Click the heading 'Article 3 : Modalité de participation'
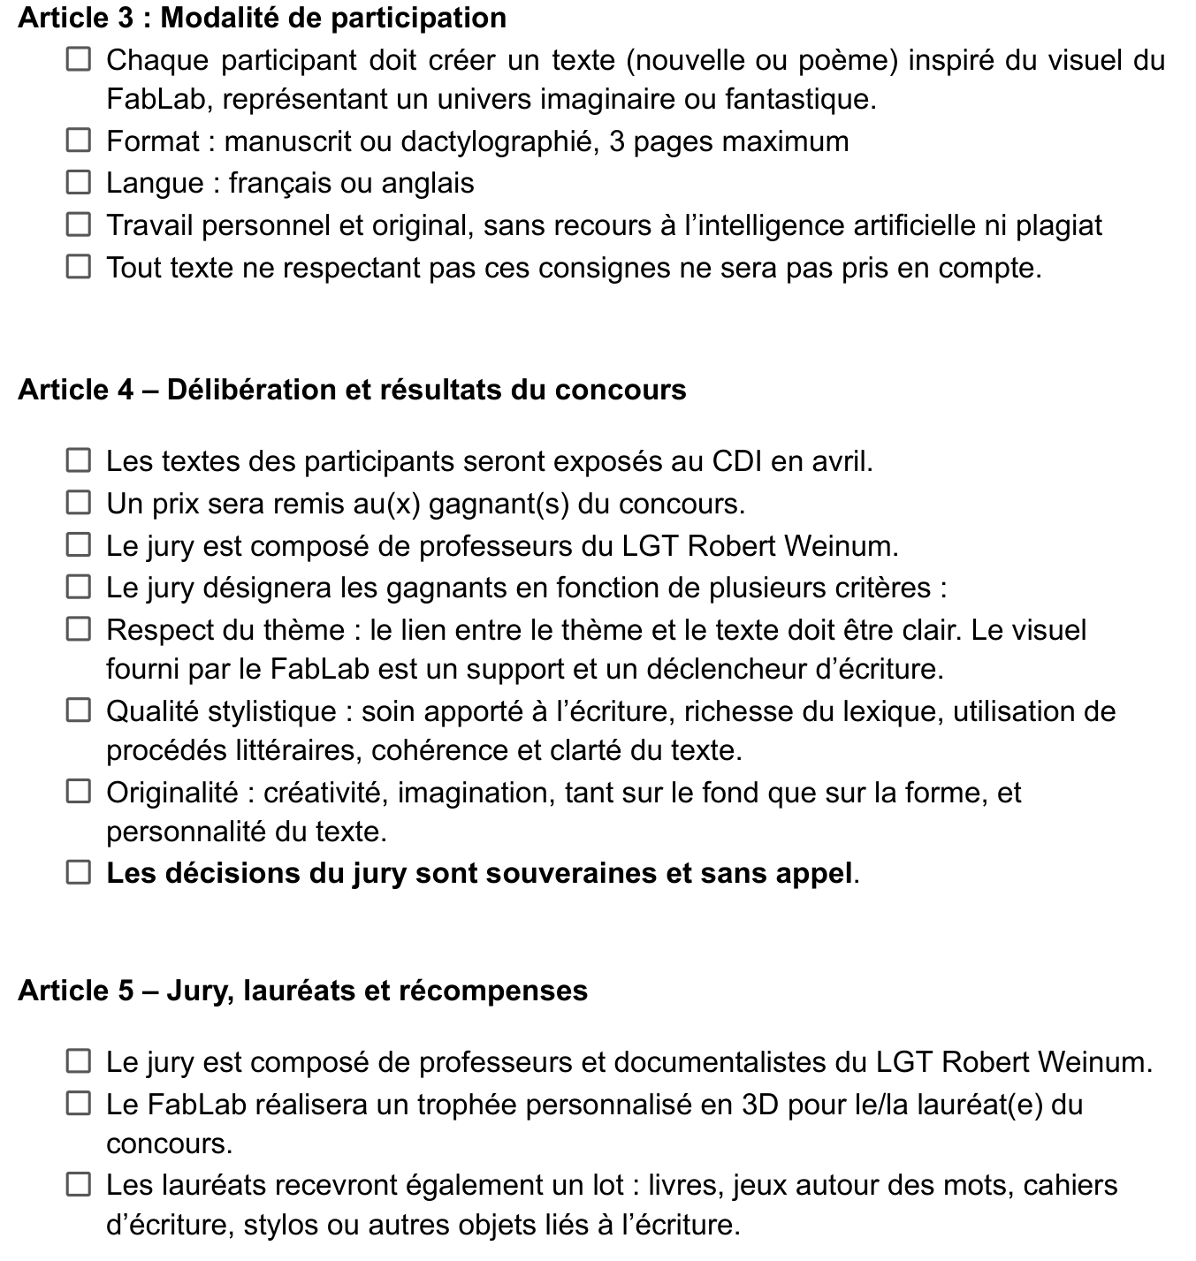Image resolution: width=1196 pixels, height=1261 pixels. click(262, 18)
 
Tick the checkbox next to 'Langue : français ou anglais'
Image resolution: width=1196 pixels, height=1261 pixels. click(79, 183)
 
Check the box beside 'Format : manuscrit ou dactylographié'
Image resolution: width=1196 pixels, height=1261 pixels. click(79, 141)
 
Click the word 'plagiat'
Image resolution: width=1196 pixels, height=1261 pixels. click(1058, 225)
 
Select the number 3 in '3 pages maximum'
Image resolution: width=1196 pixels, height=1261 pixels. click(617, 141)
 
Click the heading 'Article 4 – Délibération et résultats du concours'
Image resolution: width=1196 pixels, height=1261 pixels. click(352, 390)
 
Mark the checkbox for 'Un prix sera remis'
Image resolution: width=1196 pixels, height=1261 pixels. click(79, 504)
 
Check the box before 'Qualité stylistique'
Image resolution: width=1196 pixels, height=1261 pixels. click(79, 711)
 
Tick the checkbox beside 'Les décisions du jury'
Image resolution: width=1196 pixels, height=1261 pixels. click(79, 873)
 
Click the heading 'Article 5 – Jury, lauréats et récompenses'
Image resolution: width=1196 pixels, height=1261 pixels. click(302, 991)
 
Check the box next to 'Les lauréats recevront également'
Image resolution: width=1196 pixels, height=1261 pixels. click(79, 1185)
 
